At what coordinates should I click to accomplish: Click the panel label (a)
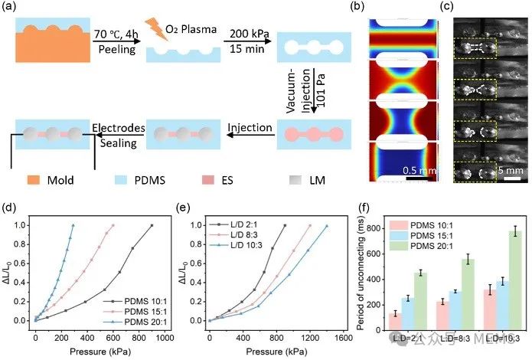pos(14,9)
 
